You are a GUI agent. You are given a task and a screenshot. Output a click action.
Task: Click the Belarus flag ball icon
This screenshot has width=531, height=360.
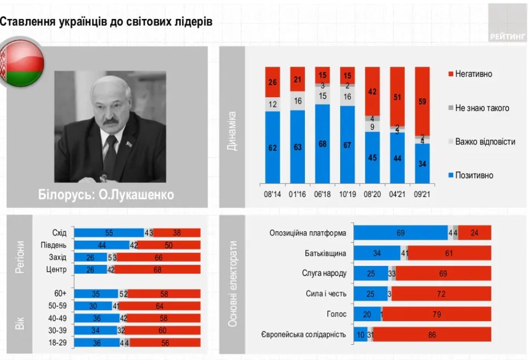pos(22,63)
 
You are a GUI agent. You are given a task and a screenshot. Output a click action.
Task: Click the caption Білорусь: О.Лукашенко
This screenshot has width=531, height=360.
pos(106,195)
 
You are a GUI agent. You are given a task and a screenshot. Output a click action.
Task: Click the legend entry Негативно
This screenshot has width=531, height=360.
pos(473,74)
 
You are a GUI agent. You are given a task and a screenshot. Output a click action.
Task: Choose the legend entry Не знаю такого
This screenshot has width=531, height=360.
pos(482,108)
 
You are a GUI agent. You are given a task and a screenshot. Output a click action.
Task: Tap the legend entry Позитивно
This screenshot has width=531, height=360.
pos(474,176)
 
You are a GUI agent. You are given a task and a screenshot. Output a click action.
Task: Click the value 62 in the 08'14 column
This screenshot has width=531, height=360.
pos(272,148)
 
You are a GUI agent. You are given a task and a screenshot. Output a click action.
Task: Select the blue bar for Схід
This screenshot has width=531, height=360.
pos(109,233)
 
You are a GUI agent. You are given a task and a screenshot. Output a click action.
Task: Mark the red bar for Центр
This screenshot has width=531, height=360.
pos(158,270)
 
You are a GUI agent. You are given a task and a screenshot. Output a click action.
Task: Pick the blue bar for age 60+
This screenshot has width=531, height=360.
pos(96,294)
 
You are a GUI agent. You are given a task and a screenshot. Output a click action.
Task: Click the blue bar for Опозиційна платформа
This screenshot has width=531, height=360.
pos(401,233)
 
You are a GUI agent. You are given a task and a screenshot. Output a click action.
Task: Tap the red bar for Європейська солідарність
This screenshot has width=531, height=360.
pos(432,334)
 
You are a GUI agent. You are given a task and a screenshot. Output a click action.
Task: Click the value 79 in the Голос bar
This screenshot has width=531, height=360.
pos(436,314)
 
